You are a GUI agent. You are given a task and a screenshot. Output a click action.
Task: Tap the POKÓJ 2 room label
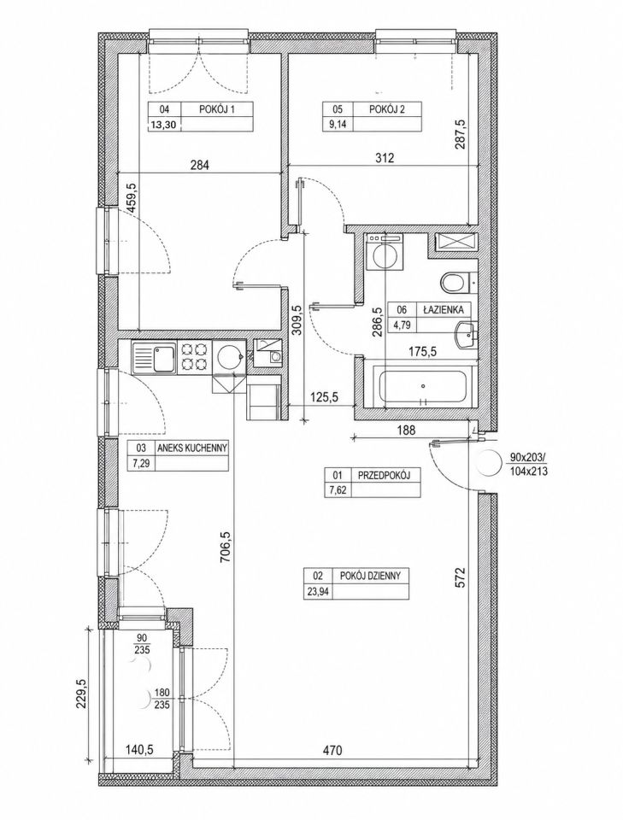(x=387, y=109)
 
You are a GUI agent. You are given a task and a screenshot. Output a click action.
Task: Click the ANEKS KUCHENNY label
(x=195, y=448)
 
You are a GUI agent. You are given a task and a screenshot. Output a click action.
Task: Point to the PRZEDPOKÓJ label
(x=383, y=475)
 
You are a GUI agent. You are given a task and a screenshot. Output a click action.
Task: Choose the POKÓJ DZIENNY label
(x=370, y=576)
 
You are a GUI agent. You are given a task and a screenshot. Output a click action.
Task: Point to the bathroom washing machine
(x=385, y=252)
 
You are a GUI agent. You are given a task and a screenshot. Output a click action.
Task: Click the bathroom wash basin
(x=466, y=335)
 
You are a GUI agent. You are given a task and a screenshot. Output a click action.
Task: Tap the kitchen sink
(x=155, y=357)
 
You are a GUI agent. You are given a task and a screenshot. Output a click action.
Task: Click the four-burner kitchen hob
(x=194, y=357)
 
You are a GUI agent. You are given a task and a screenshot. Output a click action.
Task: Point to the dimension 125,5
(x=324, y=397)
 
